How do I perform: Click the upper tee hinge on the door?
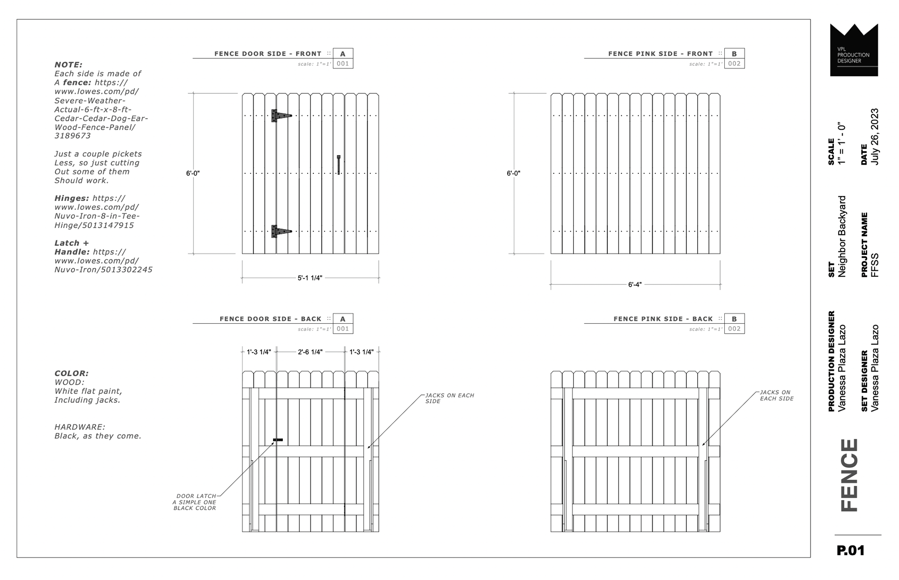(x=280, y=115)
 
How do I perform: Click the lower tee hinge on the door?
(x=280, y=231)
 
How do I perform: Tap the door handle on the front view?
(x=339, y=164)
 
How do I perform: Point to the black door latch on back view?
(x=278, y=440)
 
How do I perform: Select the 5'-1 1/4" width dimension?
(x=310, y=278)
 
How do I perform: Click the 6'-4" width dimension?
(x=634, y=284)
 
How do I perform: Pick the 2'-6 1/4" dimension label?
(x=310, y=352)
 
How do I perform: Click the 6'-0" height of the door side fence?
(x=193, y=173)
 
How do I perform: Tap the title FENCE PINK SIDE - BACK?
(x=663, y=319)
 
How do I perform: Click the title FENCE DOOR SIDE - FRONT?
(x=268, y=54)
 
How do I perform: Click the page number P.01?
(x=850, y=550)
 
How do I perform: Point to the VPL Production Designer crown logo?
(x=854, y=50)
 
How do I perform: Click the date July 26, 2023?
(x=875, y=137)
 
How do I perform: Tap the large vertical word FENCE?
(x=849, y=475)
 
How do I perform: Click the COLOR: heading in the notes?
(x=71, y=373)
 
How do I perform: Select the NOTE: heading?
(x=68, y=65)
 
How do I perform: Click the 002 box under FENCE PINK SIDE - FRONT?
(x=734, y=64)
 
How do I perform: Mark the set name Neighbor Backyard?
(x=842, y=236)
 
